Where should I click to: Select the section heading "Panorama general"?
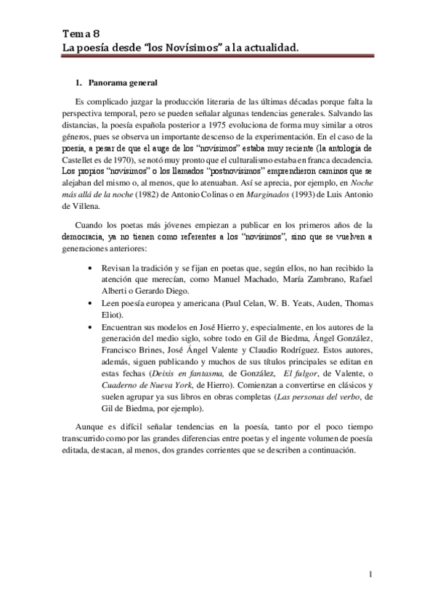122,83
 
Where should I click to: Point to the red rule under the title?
217,56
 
